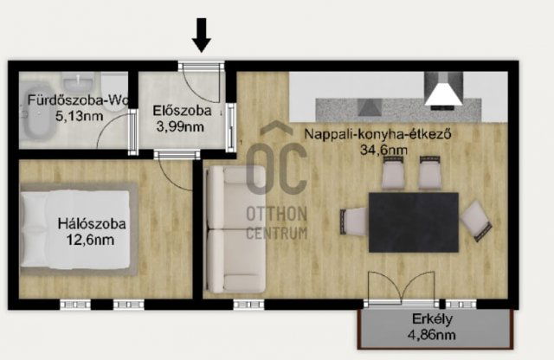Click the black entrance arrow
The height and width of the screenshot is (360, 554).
click(202, 35)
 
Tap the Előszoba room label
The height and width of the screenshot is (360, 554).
click(182, 111)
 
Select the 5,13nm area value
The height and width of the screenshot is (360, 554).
click(79, 116)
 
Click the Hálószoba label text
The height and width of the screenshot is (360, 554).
click(92, 223)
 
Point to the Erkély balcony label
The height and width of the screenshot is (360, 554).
click(432, 319)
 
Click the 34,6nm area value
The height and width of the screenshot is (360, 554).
click(383, 150)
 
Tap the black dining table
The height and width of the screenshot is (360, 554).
click(414, 222)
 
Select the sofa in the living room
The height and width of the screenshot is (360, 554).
click(235, 229)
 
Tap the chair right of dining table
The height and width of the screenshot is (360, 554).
click(476, 221)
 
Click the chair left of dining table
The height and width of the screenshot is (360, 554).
click(354, 222)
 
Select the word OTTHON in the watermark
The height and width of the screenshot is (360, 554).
click(277, 214)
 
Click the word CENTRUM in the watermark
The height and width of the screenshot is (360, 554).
click(277, 233)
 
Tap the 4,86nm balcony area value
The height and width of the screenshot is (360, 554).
click(431, 335)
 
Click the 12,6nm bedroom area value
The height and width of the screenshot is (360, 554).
click(90, 240)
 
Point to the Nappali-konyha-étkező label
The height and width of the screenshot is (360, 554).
click(377, 134)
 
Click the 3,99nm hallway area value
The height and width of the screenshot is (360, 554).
click(180, 126)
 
